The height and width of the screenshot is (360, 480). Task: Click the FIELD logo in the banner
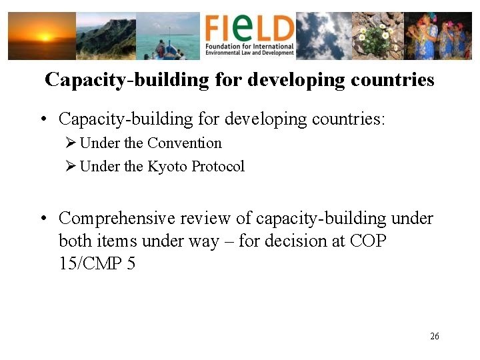tap(249, 28)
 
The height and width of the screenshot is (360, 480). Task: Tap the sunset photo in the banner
tap(41, 37)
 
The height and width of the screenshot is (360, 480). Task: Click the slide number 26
tap(435, 336)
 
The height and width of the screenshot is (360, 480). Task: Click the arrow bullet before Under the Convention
tap(71, 143)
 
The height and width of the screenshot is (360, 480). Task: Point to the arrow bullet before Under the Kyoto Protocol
tap(71, 167)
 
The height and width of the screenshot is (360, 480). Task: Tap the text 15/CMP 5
tap(97, 263)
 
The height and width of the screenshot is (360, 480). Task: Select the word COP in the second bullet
tap(368, 241)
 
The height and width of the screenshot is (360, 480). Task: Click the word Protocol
tap(218, 167)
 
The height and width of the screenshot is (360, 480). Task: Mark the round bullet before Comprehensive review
tap(42, 219)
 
